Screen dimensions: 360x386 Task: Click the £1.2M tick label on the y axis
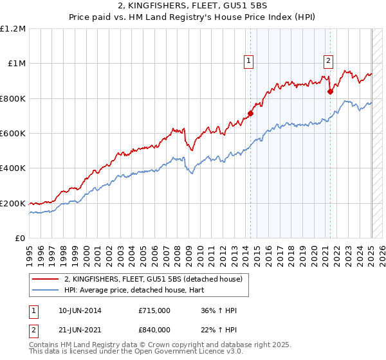13,29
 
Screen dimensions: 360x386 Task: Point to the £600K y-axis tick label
13,134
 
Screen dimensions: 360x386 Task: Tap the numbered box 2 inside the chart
328,61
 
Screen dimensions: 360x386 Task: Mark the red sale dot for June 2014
251,114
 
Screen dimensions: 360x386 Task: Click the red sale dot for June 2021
331,92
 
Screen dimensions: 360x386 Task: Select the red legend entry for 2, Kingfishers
152,279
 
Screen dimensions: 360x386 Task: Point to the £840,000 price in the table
154,330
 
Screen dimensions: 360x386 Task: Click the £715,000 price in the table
154,310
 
